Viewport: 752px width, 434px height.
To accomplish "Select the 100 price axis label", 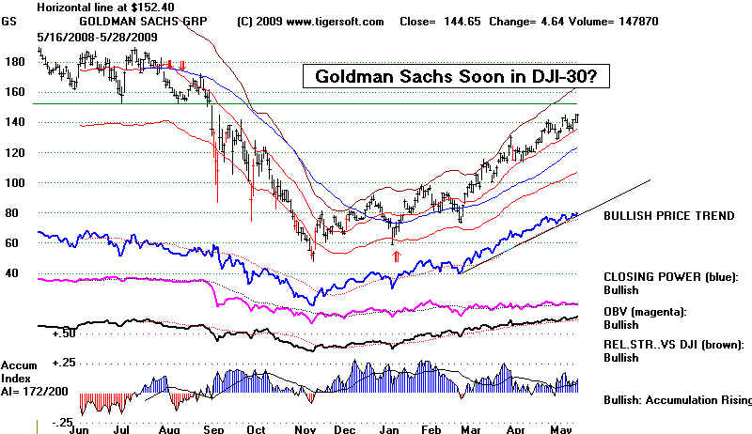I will [17, 183].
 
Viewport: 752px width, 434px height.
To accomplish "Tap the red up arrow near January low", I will [396, 255].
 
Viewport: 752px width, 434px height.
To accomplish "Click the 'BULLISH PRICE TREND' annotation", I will [668, 216].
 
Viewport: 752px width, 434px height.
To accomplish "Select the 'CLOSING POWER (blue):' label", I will [671, 277].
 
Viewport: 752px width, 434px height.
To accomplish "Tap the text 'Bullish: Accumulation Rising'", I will [677, 400].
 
